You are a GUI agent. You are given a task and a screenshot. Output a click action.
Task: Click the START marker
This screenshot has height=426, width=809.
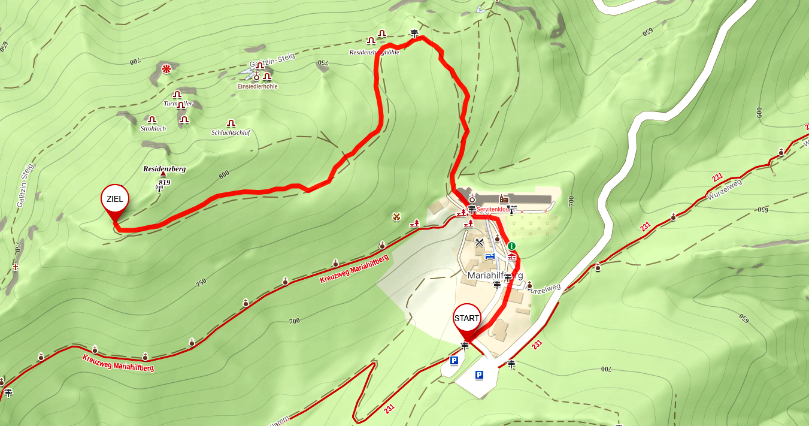tap(466, 318)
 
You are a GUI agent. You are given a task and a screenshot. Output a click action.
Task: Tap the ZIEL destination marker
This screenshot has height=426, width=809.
tap(114, 200)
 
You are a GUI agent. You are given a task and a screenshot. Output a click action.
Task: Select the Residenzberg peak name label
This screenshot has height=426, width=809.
tap(164, 169)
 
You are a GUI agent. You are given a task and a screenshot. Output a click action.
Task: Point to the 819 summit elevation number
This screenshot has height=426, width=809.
tap(165, 182)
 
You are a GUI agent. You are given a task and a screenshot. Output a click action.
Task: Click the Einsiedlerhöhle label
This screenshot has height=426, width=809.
tap(257, 86)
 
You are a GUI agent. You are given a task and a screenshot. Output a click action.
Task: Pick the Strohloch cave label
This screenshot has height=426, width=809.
tap(153, 128)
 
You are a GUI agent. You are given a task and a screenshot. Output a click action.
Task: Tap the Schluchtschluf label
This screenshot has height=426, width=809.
tap(231, 132)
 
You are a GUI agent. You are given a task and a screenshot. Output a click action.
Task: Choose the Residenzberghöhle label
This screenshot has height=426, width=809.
tap(374, 52)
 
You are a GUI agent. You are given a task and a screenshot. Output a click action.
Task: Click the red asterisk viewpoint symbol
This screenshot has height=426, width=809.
tap(166, 70)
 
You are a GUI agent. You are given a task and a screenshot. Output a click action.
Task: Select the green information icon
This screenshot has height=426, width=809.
tap(511, 246)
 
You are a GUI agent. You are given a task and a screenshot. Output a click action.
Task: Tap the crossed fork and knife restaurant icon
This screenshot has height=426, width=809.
tap(479, 243)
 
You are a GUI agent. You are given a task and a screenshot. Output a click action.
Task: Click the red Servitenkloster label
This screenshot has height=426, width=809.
tap(493, 210)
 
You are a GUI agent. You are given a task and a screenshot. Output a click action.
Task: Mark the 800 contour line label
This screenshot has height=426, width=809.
tap(224, 175)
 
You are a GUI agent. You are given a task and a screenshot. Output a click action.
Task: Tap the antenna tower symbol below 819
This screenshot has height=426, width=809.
tap(159, 188)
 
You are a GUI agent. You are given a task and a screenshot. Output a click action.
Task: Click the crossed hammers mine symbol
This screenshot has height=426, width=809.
tap(396, 216)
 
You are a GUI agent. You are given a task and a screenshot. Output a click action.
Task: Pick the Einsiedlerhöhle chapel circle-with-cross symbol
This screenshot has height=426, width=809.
tap(257, 76)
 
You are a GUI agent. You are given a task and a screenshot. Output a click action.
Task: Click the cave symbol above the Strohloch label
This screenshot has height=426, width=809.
tap(152, 119)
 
